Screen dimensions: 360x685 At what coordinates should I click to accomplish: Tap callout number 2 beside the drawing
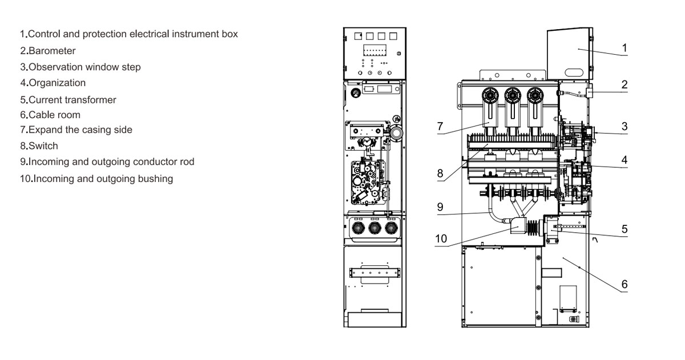point(624,84)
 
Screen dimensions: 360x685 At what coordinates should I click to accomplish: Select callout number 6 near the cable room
point(624,284)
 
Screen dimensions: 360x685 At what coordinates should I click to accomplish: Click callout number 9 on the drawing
point(440,207)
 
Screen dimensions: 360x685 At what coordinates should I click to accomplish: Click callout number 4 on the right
point(624,160)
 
